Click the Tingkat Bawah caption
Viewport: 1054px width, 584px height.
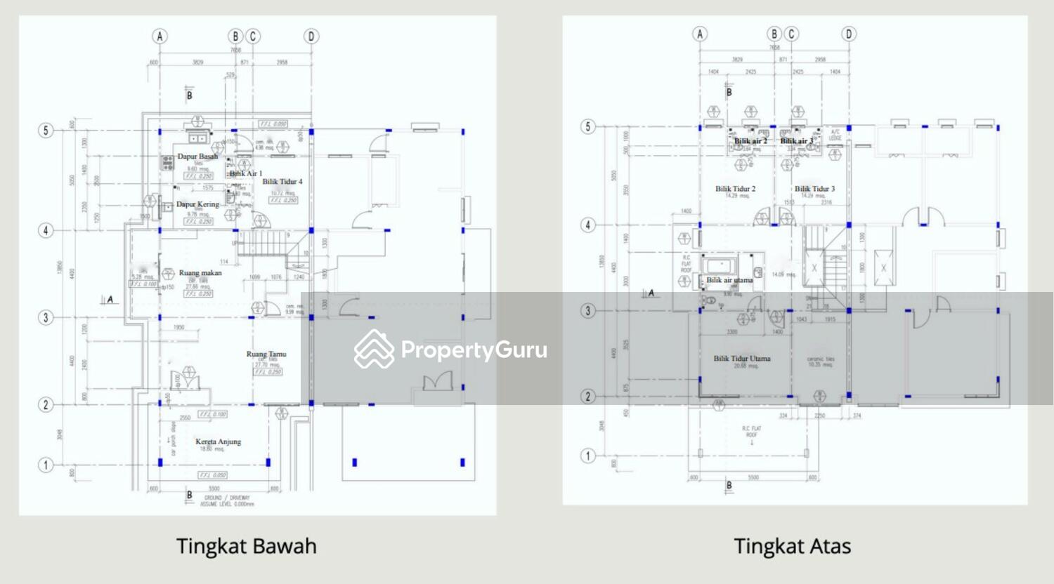[x=246, y=546]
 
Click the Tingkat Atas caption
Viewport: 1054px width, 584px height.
[x=792, y=546]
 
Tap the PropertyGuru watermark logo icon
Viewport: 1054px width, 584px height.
[x=374, y=349]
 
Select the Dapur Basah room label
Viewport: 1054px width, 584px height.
[x=197, y=157]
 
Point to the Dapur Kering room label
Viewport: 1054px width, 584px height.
[x=197, y=204]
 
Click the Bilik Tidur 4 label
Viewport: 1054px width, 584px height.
[x=282, y=181]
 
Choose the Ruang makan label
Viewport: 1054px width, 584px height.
[x=200, y=272]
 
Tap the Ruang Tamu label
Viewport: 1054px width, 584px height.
[x=266, y=354]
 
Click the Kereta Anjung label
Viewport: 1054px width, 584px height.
[x=218, y=442]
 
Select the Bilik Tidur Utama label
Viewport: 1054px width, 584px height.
[x=742, y=358]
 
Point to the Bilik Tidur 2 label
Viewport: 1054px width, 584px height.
[x=736, y=188]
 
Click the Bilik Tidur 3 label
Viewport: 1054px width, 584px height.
[x=814, y=188]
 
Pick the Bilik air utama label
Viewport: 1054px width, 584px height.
[x=729, y=279]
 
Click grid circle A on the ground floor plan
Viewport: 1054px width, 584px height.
[x=160, y=36]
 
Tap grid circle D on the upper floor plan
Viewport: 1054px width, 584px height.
[x=849, y=34]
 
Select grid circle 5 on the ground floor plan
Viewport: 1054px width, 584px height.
[x=46, y=131]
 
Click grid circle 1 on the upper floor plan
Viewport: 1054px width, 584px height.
[x=588, y=456]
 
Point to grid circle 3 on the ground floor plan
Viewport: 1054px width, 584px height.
[x=46, y=317]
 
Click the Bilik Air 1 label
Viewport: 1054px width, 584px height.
[x=245, y=173]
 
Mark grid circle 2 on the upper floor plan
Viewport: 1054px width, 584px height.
[x=588, y=397]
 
